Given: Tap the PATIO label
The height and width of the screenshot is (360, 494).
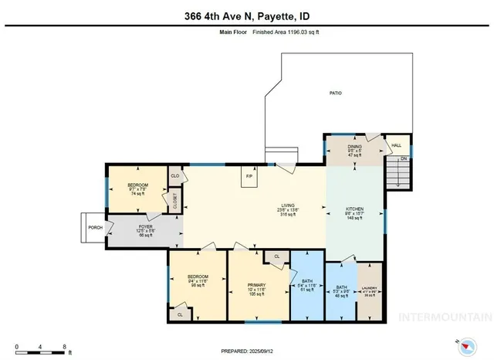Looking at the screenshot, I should click(x=335, y=93).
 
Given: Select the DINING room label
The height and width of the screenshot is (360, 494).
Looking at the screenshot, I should click(x=354, y=146).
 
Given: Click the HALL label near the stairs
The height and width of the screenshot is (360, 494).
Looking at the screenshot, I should click(x=397, y=145).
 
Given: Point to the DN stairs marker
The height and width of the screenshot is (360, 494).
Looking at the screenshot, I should click(x=402, y=160).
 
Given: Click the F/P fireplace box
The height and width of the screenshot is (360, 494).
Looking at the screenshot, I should click(x=249, y=177).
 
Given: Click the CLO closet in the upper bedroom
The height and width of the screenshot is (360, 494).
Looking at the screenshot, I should click(x=174, y=177).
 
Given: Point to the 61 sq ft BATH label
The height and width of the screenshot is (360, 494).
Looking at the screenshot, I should click(x=307, y=284).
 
